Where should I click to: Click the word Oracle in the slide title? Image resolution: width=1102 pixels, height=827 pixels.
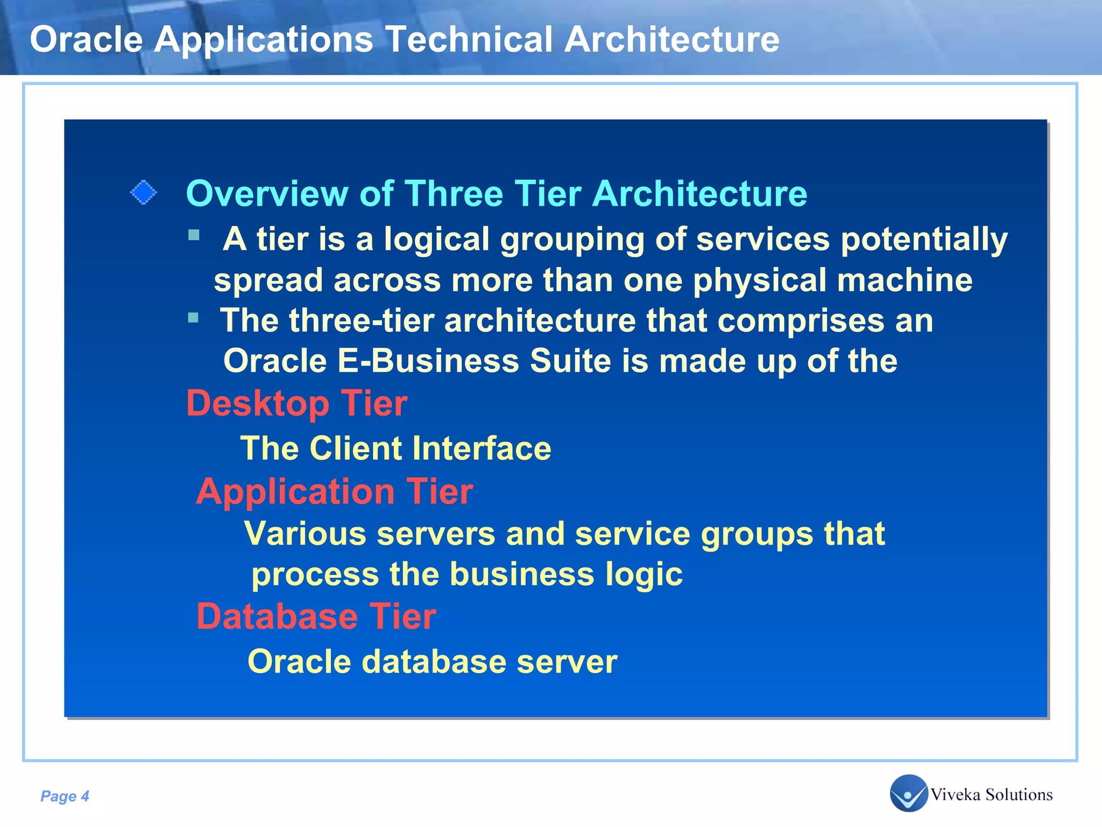click(86, 40)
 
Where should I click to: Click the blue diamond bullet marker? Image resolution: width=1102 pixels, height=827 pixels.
click(144, 193)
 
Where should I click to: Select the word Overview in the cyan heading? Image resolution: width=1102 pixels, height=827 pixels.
click(267, 194)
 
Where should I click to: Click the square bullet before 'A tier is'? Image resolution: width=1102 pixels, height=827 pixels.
click(194, 235)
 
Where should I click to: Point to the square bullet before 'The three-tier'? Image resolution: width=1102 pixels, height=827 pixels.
click(194, 318)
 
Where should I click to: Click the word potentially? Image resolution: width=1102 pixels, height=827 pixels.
click(924, 240)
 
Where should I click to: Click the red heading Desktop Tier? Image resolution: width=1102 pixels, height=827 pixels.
click(296, 403)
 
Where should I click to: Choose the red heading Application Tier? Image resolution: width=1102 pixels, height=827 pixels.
click(334, 492)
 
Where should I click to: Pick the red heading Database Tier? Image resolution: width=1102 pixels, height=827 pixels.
click(316, 616)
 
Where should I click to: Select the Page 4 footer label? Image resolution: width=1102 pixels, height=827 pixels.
click(65, 796)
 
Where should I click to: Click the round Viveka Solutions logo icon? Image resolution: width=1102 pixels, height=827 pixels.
click(908, 793)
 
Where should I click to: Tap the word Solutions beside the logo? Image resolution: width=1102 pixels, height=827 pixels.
click(1019, 795)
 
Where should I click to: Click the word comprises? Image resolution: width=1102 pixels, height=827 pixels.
click(801, 321)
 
